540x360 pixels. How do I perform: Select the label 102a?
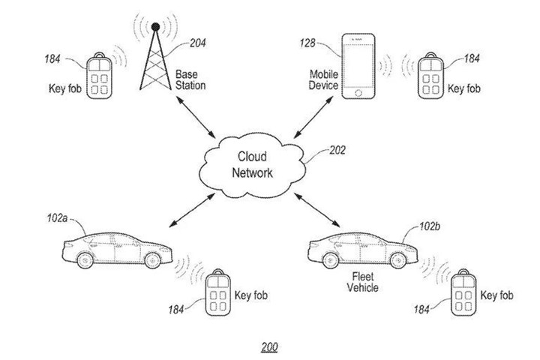coord(56,217)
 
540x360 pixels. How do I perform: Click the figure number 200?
coord(269,348)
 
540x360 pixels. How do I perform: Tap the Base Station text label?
coord(190,80)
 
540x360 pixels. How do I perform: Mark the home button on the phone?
coord(358,92)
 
